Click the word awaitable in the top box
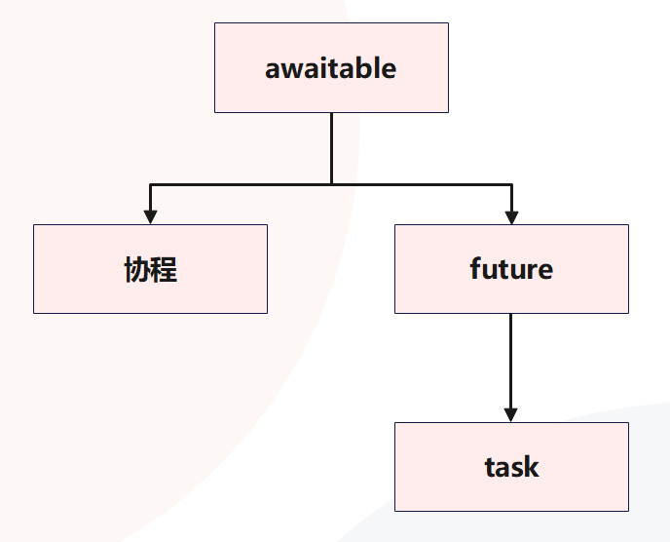pyautogui.click(x=331, y=69)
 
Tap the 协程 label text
pyautogui.click(x=151, y=270)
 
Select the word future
pyautogui.click(x=511, y=269)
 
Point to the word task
pyautogui.click(x=511, y=467)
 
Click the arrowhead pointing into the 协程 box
pyautogui.click(x=150, y=216)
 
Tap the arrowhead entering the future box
pyautogui.click(x=511, y=216)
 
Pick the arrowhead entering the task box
pyautogui.click(x=511, y=414)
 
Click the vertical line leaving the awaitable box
pyautogui.click(x=331, y=146)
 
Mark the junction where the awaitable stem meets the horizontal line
pyautogui.click(x=331, y=183)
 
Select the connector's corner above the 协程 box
pyautogui.click(x=150, y=183)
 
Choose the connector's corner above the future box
pyautogui.click(x=511, y=183)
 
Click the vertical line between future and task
pyautogui.click(x=511, y=361)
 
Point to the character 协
pyautogui.click(x=137, y=270)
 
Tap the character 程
pyautogui.click(x=165, y=270)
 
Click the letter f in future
pyautogui.click(x=475, y=268)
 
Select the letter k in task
pyautogui.click(x=532, y=467)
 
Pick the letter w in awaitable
pyautogui.click(x=290, y=70)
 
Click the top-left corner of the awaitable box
pyautogui.click(x=215, y=23)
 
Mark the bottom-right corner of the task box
pyautogui.click(x=628, y=510)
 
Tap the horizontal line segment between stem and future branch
pyautogui.click(x=421, y=183)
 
